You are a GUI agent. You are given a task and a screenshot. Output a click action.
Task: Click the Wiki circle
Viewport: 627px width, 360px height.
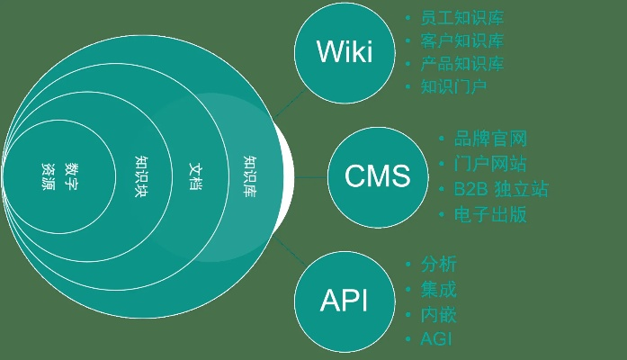[x=345, y=52]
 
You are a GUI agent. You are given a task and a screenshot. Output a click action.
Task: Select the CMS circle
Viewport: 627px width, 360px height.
[x=377, y=175]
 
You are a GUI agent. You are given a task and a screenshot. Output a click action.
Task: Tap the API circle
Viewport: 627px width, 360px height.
[x=345, y=300]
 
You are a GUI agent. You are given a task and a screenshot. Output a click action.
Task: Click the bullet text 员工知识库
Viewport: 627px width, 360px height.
[x=461, y=18]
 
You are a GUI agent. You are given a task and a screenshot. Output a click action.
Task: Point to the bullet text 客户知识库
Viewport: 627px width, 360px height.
[x=461, y=41]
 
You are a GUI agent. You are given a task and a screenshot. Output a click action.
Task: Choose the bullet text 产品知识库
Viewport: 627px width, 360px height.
[x=461, y=64]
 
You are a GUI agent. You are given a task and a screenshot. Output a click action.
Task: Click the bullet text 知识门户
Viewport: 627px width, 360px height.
[x=453, y=87]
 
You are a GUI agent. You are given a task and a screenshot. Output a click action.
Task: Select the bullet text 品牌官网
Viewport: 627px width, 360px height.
[x=490, y=139]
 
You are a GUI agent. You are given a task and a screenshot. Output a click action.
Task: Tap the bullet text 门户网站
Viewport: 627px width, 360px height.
[x=490, y=165]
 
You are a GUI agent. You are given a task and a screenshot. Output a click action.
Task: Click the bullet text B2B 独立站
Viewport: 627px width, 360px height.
[x=500, y=190]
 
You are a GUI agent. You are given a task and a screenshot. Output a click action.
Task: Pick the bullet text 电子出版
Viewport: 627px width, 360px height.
[x=490, y=215]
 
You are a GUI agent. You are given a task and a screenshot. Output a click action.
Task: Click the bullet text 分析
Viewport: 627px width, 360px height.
[x=439, y=265]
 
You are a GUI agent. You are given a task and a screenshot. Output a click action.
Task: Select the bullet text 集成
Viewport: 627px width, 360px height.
[x=439, y=290]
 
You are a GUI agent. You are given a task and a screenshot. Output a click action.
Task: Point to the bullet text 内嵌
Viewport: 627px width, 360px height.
[x=439, y=315]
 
